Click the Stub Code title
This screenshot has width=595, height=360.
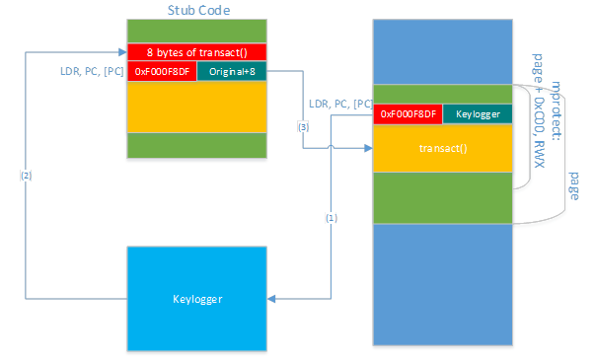(x=196, y=10)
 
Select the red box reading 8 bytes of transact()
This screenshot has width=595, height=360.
(x=196, y=52)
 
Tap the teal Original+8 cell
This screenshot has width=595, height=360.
(x=231, y=71)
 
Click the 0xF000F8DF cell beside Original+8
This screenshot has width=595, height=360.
(x=162, y=71)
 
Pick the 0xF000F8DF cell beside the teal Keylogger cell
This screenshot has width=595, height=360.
(x=409, y=114)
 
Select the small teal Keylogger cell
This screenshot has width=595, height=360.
(x=478, y=114)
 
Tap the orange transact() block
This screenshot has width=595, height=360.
(x=443, y=147)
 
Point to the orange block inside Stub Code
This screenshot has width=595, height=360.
(x=196, y=106)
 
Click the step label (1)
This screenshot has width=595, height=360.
(x=331, y=219)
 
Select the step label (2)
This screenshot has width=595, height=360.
(x=26, y=175)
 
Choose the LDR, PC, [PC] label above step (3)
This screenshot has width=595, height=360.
(x=340, y=103)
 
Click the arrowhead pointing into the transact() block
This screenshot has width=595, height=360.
(x=368, y=148)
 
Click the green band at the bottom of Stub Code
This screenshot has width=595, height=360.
(x=196, y=144)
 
